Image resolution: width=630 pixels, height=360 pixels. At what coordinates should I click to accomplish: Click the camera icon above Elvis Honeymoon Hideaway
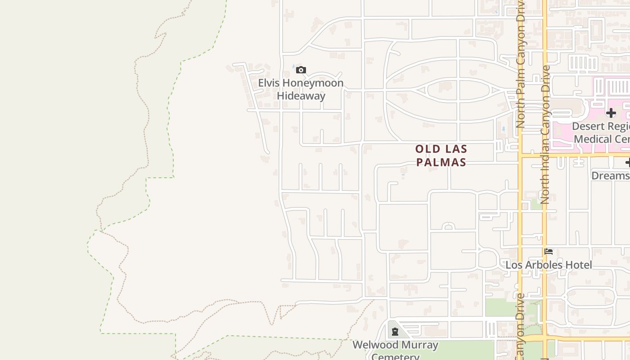(x=301, y=70)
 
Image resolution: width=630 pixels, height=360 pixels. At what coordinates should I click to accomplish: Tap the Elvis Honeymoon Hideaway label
(x=301, y=89)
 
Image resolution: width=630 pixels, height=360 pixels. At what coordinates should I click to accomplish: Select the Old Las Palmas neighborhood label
(x=441, y=155)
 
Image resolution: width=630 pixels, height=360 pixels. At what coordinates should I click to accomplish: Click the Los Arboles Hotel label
(x=549, y=265)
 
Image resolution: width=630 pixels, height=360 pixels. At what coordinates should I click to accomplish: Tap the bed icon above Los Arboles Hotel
(x=549, y=252)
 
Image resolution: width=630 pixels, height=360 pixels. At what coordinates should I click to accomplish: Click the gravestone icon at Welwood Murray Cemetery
(x=395, y=332)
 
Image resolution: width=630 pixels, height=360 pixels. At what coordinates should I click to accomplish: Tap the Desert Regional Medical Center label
(x=601, y=132)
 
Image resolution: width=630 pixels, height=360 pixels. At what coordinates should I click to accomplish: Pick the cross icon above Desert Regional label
(x=611, y=112)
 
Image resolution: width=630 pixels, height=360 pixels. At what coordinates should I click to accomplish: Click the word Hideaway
(x=301, y=96)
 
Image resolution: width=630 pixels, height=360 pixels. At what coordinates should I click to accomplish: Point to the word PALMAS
(x=441, y=162)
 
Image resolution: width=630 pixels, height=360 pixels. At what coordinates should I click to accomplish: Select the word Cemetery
(x=395, y=357)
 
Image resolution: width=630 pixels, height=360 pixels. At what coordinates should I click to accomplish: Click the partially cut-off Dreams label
(x=610, y=175)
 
